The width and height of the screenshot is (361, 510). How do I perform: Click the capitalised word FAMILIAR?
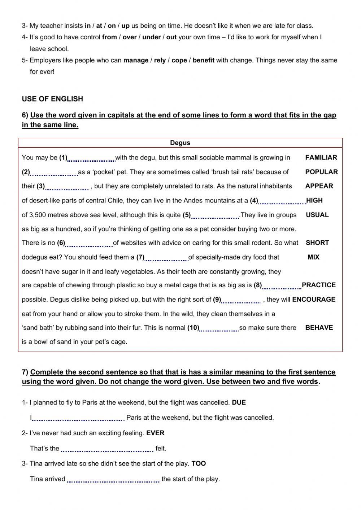pos(321,157)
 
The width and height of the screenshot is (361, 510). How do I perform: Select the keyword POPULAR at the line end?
pos(321,172)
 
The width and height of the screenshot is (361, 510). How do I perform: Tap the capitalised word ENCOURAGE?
pos(314,299)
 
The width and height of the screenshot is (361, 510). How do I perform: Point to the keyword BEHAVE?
pos(319,328)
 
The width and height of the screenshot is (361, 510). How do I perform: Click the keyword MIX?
pos(313,257)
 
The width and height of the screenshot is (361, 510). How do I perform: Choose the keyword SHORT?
pos(317,243)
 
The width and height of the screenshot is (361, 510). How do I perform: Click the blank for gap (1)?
pos(91,158)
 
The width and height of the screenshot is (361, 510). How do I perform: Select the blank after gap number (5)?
pos(215,216)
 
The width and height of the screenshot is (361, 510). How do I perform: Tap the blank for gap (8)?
pos(282,286)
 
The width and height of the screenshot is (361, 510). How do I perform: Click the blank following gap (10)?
pos(219,329)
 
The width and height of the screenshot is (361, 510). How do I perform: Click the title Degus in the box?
pos(180,143)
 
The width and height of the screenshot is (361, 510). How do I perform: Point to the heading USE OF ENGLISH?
pos(52,99)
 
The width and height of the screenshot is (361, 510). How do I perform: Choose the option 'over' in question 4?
pos(130,37)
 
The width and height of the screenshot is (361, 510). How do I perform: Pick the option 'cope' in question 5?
pos(179,60)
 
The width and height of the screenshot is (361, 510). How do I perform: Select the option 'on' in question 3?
pos(112,26)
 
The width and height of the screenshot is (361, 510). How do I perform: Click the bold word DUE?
pos(239,402)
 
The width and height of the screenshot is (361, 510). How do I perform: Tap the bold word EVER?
pos(155,433)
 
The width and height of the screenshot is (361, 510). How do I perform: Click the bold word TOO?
pos(199,463)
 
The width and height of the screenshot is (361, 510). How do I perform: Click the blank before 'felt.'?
pos(108,449)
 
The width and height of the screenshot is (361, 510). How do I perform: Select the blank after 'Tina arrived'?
pos(113,480)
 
